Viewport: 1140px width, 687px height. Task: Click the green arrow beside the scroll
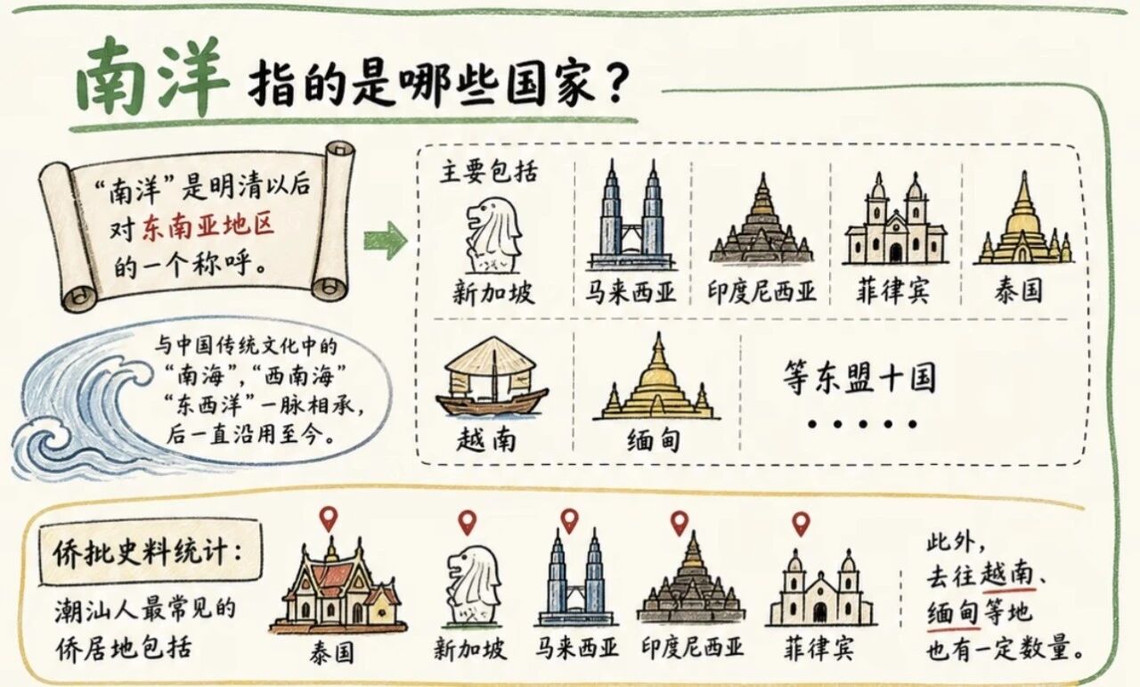[386, 241]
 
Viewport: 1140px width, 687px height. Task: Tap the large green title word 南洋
[151, 77]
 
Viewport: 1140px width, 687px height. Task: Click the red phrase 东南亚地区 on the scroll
[208, 226]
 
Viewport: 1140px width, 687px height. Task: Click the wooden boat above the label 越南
[491, 377]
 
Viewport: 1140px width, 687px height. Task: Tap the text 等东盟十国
[859, 378]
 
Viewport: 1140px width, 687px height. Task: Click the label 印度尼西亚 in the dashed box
[761, 291]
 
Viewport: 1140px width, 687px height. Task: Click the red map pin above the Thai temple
[329, 519]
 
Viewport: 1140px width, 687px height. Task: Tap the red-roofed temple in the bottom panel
[338, 585]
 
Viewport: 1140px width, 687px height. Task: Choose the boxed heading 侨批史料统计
[148, 552]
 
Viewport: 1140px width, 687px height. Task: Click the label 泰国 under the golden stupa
[1018, 290]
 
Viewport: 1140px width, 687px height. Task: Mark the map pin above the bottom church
[801, 524]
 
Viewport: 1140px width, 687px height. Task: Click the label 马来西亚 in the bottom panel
[576, 649]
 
